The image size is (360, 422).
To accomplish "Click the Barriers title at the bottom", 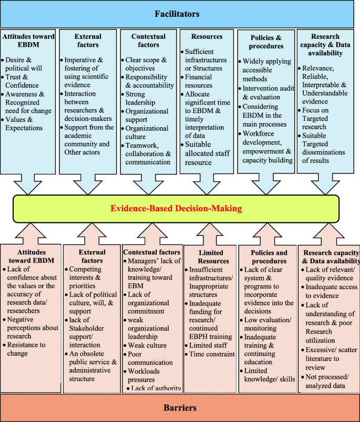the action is click(180, 407).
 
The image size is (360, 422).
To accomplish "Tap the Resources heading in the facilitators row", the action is click(208, 37).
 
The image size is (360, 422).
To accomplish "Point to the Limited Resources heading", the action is click(214, 256).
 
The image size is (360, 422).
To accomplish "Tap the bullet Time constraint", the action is click(212, 354).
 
